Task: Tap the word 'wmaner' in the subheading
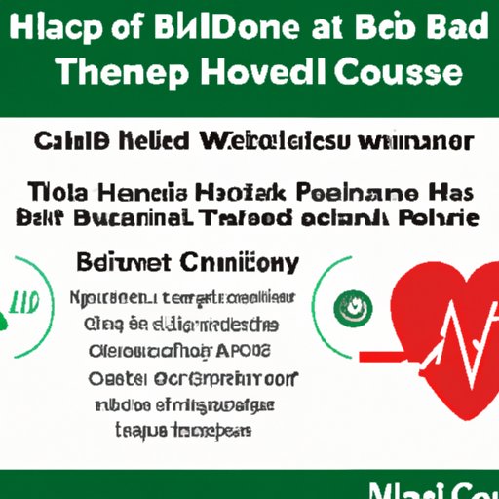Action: [421, 142]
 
